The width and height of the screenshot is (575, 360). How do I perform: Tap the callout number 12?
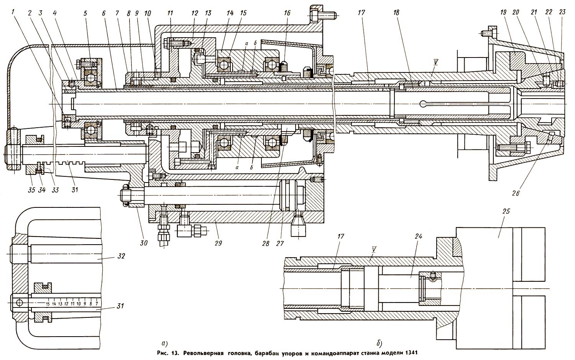(x=195, y=13)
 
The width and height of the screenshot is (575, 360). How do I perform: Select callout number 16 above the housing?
(x=287, y=13)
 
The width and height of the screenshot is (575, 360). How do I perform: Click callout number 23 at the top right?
(x=562, y=13)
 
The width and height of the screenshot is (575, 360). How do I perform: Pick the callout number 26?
(x=516, y=193)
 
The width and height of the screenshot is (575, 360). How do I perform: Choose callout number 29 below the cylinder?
(x=218, y=243)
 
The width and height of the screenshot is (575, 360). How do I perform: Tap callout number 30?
(x=144, y=243)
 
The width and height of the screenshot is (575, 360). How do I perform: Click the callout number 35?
(x=31, y=190)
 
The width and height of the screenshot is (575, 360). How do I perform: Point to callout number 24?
(x=418, y=236)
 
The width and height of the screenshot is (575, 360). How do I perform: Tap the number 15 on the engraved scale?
(x=48, y=304)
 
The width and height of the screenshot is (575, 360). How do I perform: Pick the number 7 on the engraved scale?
(x=97, y=304)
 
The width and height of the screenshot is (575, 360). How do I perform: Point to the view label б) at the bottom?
(x=379, y=343)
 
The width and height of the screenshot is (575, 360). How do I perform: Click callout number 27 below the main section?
(x=280, y=243)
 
